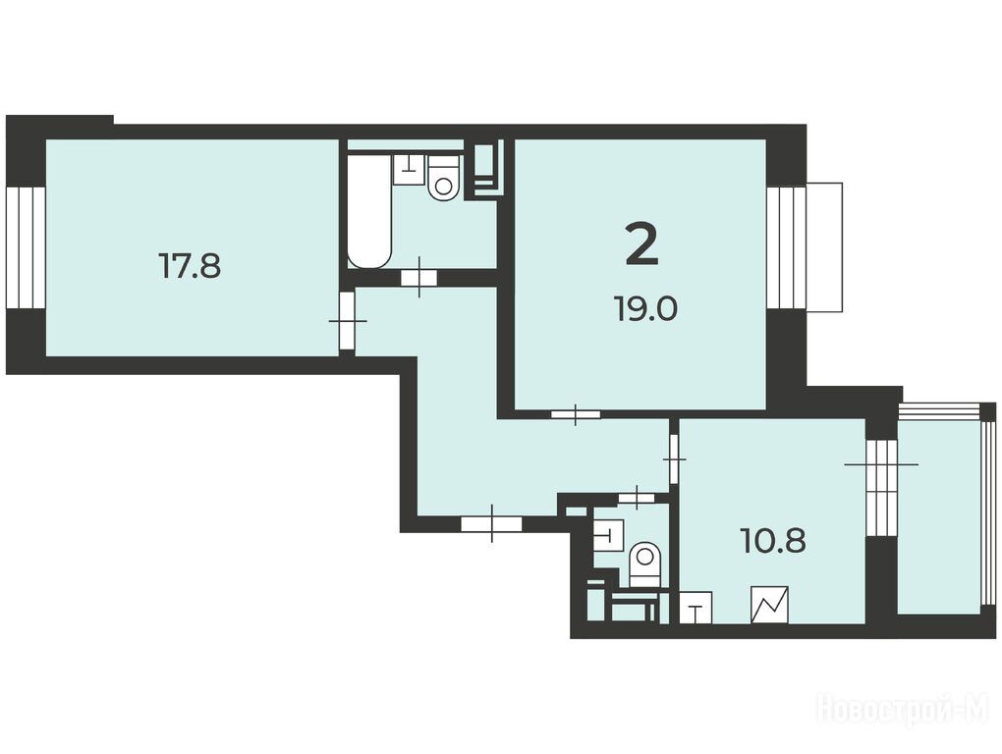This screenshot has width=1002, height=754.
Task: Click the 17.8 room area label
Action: coord(190,266)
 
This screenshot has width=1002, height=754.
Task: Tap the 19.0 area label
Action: coord(646,309)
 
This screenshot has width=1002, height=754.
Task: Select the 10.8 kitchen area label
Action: coord(773,542)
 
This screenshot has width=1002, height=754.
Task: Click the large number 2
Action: coord(641,245)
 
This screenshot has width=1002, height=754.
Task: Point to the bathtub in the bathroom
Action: coord(368,210)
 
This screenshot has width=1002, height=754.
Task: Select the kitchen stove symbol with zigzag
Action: coord(769,605)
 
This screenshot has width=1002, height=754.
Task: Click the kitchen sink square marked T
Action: coord(696,607)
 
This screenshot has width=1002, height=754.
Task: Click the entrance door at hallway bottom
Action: coord(491,524)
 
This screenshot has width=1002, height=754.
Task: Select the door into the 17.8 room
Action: coord(347,320)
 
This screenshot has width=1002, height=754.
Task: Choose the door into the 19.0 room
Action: coord(576,414)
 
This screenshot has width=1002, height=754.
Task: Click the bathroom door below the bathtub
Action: coord(419,278)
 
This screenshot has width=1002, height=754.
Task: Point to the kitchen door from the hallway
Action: coord(674,458)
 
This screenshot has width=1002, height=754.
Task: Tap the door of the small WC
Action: coord(638,498)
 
